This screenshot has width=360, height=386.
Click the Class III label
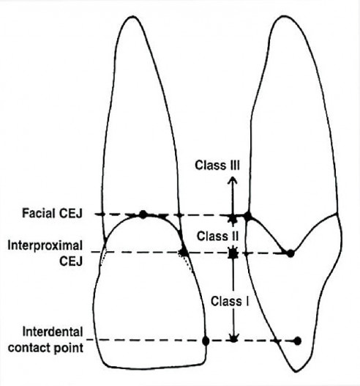click(217, 165)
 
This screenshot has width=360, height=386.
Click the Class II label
click(217, 236)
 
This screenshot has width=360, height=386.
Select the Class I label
click(230, 301)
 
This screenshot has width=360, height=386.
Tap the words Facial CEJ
click(52, 213)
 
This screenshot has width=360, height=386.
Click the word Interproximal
click(45, 246)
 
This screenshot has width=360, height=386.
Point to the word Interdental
click(53, 332)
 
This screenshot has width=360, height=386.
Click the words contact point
click(46, 348)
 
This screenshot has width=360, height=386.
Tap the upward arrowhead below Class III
click(233, 180)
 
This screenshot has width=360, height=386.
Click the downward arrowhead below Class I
click(233, 338)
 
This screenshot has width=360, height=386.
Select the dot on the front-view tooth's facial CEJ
click(143, 215)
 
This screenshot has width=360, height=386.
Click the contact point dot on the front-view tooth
click(206, 341)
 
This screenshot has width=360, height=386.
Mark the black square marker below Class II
click(233, 253)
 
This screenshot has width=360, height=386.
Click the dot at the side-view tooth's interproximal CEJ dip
click(290, 253)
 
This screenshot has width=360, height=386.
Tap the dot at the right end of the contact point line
click(298, 341)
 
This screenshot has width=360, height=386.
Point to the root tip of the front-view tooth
click(132, 16)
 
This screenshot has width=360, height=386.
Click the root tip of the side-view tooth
click(285, 16)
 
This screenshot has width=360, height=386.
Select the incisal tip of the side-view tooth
click(296, 371)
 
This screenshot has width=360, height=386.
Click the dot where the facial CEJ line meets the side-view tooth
click(248, 216)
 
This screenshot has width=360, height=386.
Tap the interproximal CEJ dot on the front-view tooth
click(184, 252)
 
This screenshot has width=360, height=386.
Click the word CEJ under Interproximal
click(71, 261)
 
